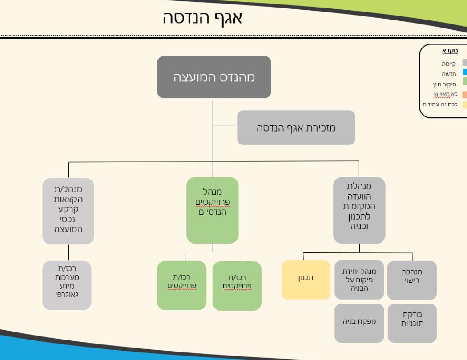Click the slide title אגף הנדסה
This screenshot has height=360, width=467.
point(202,18)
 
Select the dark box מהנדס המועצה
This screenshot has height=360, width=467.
point(214,77)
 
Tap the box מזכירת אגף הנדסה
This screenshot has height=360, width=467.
point(296,128)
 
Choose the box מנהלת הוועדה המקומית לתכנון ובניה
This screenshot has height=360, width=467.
point(359,210)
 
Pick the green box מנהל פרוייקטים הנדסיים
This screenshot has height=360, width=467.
point(212,210)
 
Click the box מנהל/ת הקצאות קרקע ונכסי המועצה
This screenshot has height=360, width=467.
point(68,211)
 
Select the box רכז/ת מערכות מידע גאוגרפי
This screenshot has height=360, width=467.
point(67,285)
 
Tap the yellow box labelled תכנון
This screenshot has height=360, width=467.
point(306,279)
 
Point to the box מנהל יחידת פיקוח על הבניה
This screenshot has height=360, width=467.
point(359,280)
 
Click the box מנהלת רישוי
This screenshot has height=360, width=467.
point(412,280)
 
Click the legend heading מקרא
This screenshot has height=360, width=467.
point(449,51)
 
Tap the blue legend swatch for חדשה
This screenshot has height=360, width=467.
point(464,73)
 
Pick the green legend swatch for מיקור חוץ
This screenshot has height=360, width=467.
point(464,83)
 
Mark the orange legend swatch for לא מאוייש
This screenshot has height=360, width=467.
point(464,94)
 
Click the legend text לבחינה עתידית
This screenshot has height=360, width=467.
point(440,105)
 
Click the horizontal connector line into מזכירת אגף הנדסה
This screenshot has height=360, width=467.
point(225,126)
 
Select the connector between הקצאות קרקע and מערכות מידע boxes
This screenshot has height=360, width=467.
point(69,252)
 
